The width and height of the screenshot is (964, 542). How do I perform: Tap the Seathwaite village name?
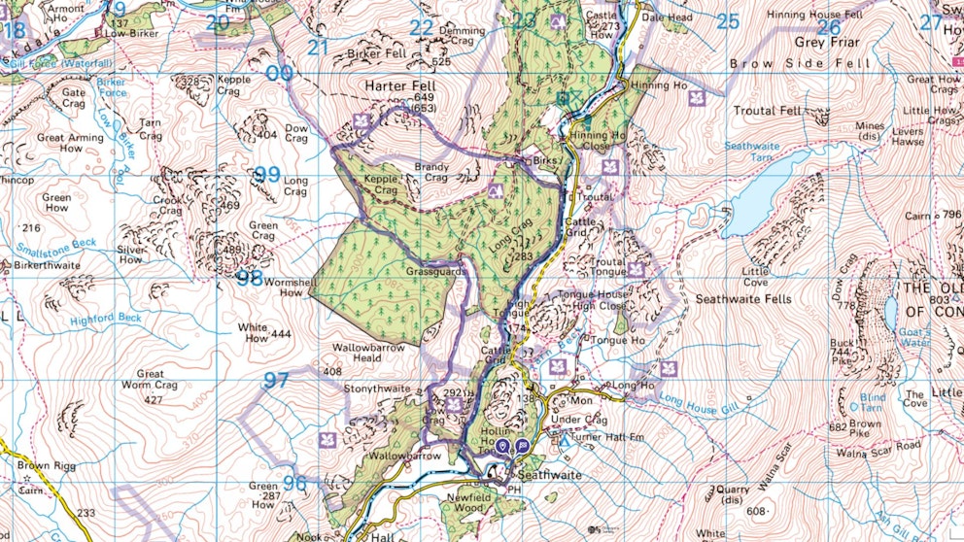click(x=549, y=475)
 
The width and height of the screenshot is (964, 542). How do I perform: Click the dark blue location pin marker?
click(x=502, y=446)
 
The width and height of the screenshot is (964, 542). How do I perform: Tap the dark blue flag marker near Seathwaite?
click(x=523, y=446)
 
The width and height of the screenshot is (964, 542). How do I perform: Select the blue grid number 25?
click(x=728, y=21)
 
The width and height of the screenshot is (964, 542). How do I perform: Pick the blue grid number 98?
click(x=249, y=278)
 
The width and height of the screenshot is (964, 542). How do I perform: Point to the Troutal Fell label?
click(x=768, y=111)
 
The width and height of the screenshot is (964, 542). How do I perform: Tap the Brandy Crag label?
click(x=430, y=172)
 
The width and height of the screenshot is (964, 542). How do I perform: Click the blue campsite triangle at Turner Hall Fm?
click(x=566, y=442)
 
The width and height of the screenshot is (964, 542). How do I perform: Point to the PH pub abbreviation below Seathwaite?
click(x=514, y=489)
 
